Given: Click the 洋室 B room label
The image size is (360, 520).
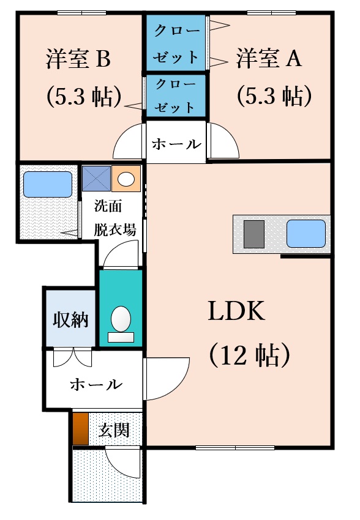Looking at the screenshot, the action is pyautogui.click(x=78, y=59).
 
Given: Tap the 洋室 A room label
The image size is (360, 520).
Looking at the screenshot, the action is pyautogui.click(x=269, y=58).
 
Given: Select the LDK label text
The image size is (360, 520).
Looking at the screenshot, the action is pyautogui.click(x=236, y=311).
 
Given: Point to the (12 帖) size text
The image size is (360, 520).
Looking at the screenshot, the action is pyautogui.click(x=250, y=355).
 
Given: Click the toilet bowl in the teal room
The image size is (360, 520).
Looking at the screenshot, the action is pyautogui.click(x=121, y=319).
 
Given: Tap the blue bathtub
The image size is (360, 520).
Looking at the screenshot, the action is pyautogui.click(x=47, y=184).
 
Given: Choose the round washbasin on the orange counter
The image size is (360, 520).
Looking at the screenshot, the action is pyautogui.click(x=126, y=179).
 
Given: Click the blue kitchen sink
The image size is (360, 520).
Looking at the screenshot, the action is pyautogui.click(x=306, y=234).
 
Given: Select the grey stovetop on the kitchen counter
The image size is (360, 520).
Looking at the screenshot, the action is pyautogui.click(x=254, y=234).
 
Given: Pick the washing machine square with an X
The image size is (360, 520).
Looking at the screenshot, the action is pyautogui.click(x=96, y=179).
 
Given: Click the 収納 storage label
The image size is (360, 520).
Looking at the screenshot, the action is pyautogui.click(x=70, y=320).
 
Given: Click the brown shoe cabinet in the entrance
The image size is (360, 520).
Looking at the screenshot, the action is pyautogui.click(x=81, y=429).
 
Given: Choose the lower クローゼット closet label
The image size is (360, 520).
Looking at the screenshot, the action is pyautogui.click(x=176, y=96).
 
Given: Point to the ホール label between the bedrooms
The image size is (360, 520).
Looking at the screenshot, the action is pyautogui.click(x=176, y=144).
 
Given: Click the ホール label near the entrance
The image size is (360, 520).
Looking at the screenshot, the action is pyautogui.click(x=96, y=384).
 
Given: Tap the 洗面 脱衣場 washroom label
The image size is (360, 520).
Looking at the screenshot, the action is pyautogui.click(x=115, y=218).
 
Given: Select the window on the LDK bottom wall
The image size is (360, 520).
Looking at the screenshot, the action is pyautogui.click(x=235, y=448).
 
